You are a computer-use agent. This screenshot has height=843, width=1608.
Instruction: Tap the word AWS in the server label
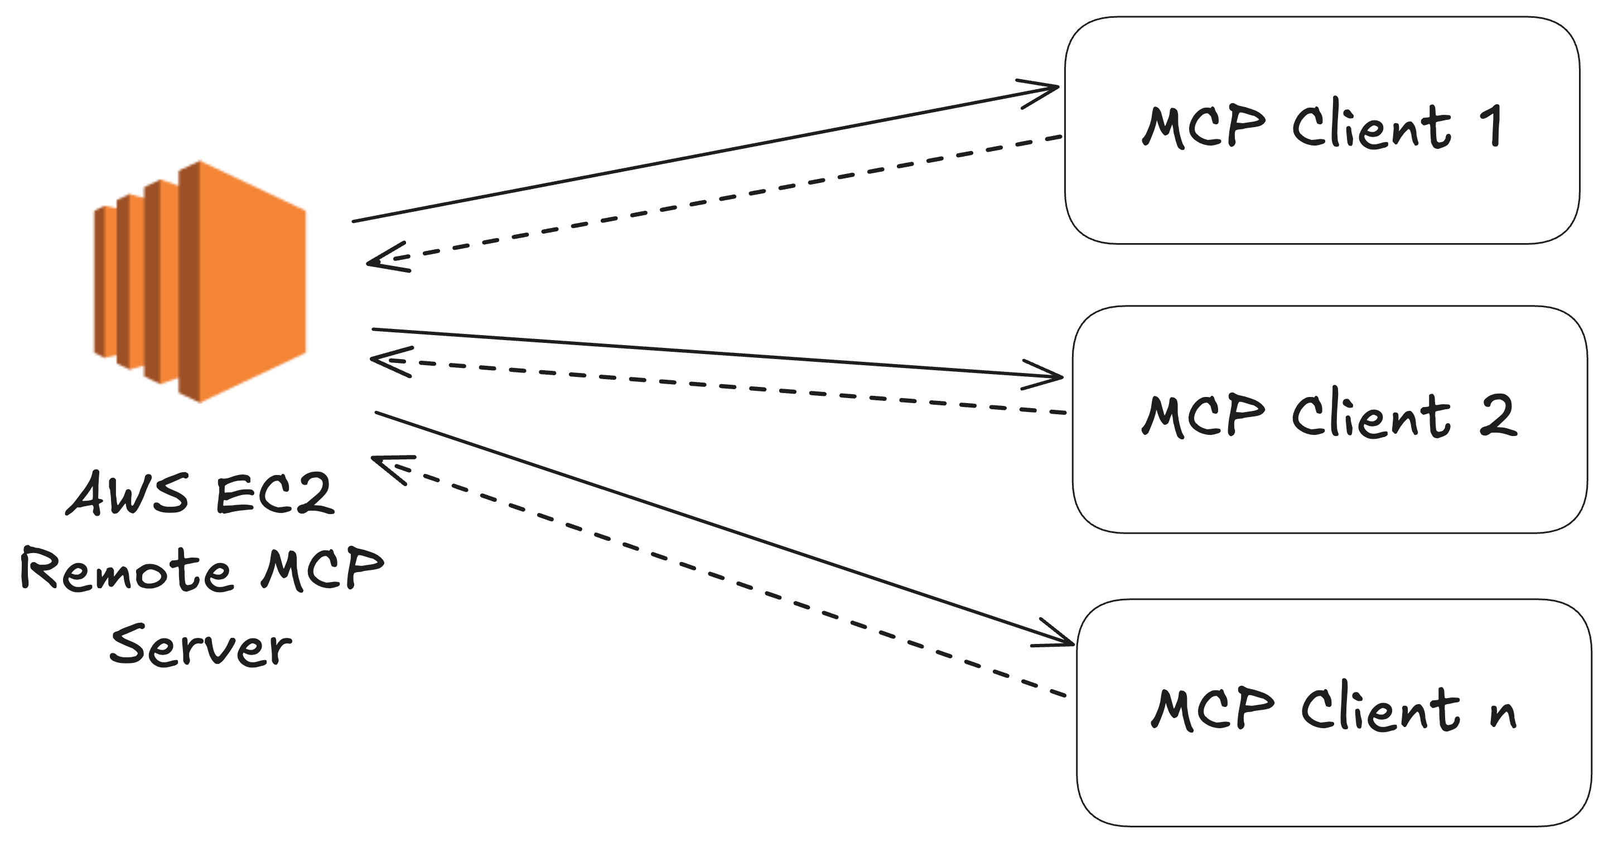pyautogui.click(x=127, y=493)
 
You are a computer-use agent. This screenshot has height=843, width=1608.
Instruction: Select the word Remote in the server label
pyautogui.click(x=127, y=569)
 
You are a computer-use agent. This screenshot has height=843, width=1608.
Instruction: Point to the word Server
pyautogui.click(x=201, y=646)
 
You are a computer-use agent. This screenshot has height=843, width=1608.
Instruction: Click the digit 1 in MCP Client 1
pyautogui.click(x=1493, y=127)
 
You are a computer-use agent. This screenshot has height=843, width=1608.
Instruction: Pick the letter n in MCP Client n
pyautogui.click(x=1503, y=713)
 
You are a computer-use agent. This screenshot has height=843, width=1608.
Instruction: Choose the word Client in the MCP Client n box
pyautogui.click(x=1380, y=710)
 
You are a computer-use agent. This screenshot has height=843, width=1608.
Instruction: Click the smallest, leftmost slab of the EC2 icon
pyautogui.click(x=105, y=282)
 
